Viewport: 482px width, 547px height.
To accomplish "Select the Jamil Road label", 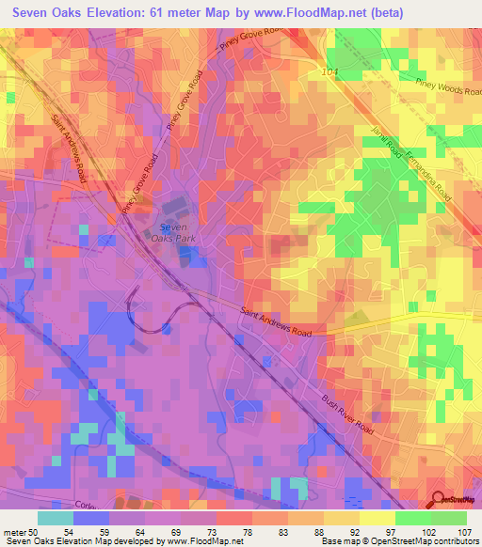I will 387,144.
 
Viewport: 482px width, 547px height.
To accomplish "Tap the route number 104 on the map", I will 328,71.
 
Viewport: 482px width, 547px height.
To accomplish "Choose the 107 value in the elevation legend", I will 466,532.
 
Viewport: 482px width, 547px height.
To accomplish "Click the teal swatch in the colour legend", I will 56,518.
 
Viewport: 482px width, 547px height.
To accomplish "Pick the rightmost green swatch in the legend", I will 448,518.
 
